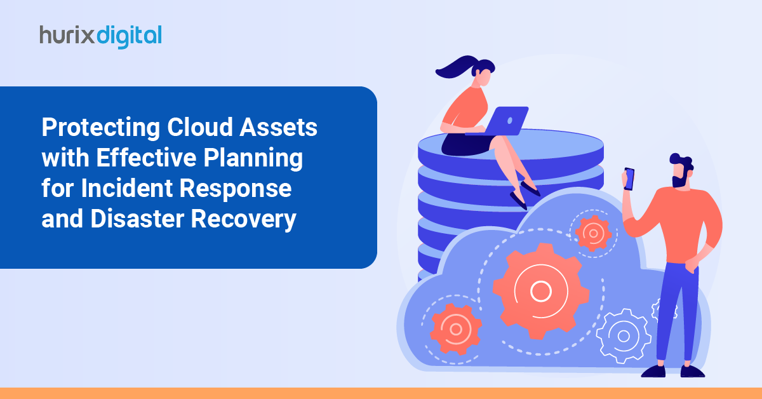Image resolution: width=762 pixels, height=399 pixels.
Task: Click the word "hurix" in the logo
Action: click(67, 35)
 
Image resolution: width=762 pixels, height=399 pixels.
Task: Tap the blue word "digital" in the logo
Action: click(130, 36)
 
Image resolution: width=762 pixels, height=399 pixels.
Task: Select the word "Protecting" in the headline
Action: click(101, 128)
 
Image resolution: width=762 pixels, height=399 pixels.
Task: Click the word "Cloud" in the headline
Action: click(199, 127)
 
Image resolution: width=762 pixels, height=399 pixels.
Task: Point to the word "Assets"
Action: click(278, 127)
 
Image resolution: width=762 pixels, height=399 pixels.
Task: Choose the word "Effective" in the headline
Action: click(146, 158)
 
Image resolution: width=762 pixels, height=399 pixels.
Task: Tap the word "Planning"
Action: click(253, 159)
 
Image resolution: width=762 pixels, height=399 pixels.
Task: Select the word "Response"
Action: click(236, 189)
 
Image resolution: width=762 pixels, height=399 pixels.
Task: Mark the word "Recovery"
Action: click(244, 220)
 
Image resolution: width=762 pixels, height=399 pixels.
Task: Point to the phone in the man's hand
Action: click(629, 179)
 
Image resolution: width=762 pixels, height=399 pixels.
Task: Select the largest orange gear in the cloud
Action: click(541, 291)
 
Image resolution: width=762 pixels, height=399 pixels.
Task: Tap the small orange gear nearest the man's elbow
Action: click(593, 234)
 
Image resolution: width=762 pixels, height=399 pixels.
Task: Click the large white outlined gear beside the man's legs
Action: click(624, 336)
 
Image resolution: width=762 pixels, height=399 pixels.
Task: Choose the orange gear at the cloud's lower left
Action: click(456, 329)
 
